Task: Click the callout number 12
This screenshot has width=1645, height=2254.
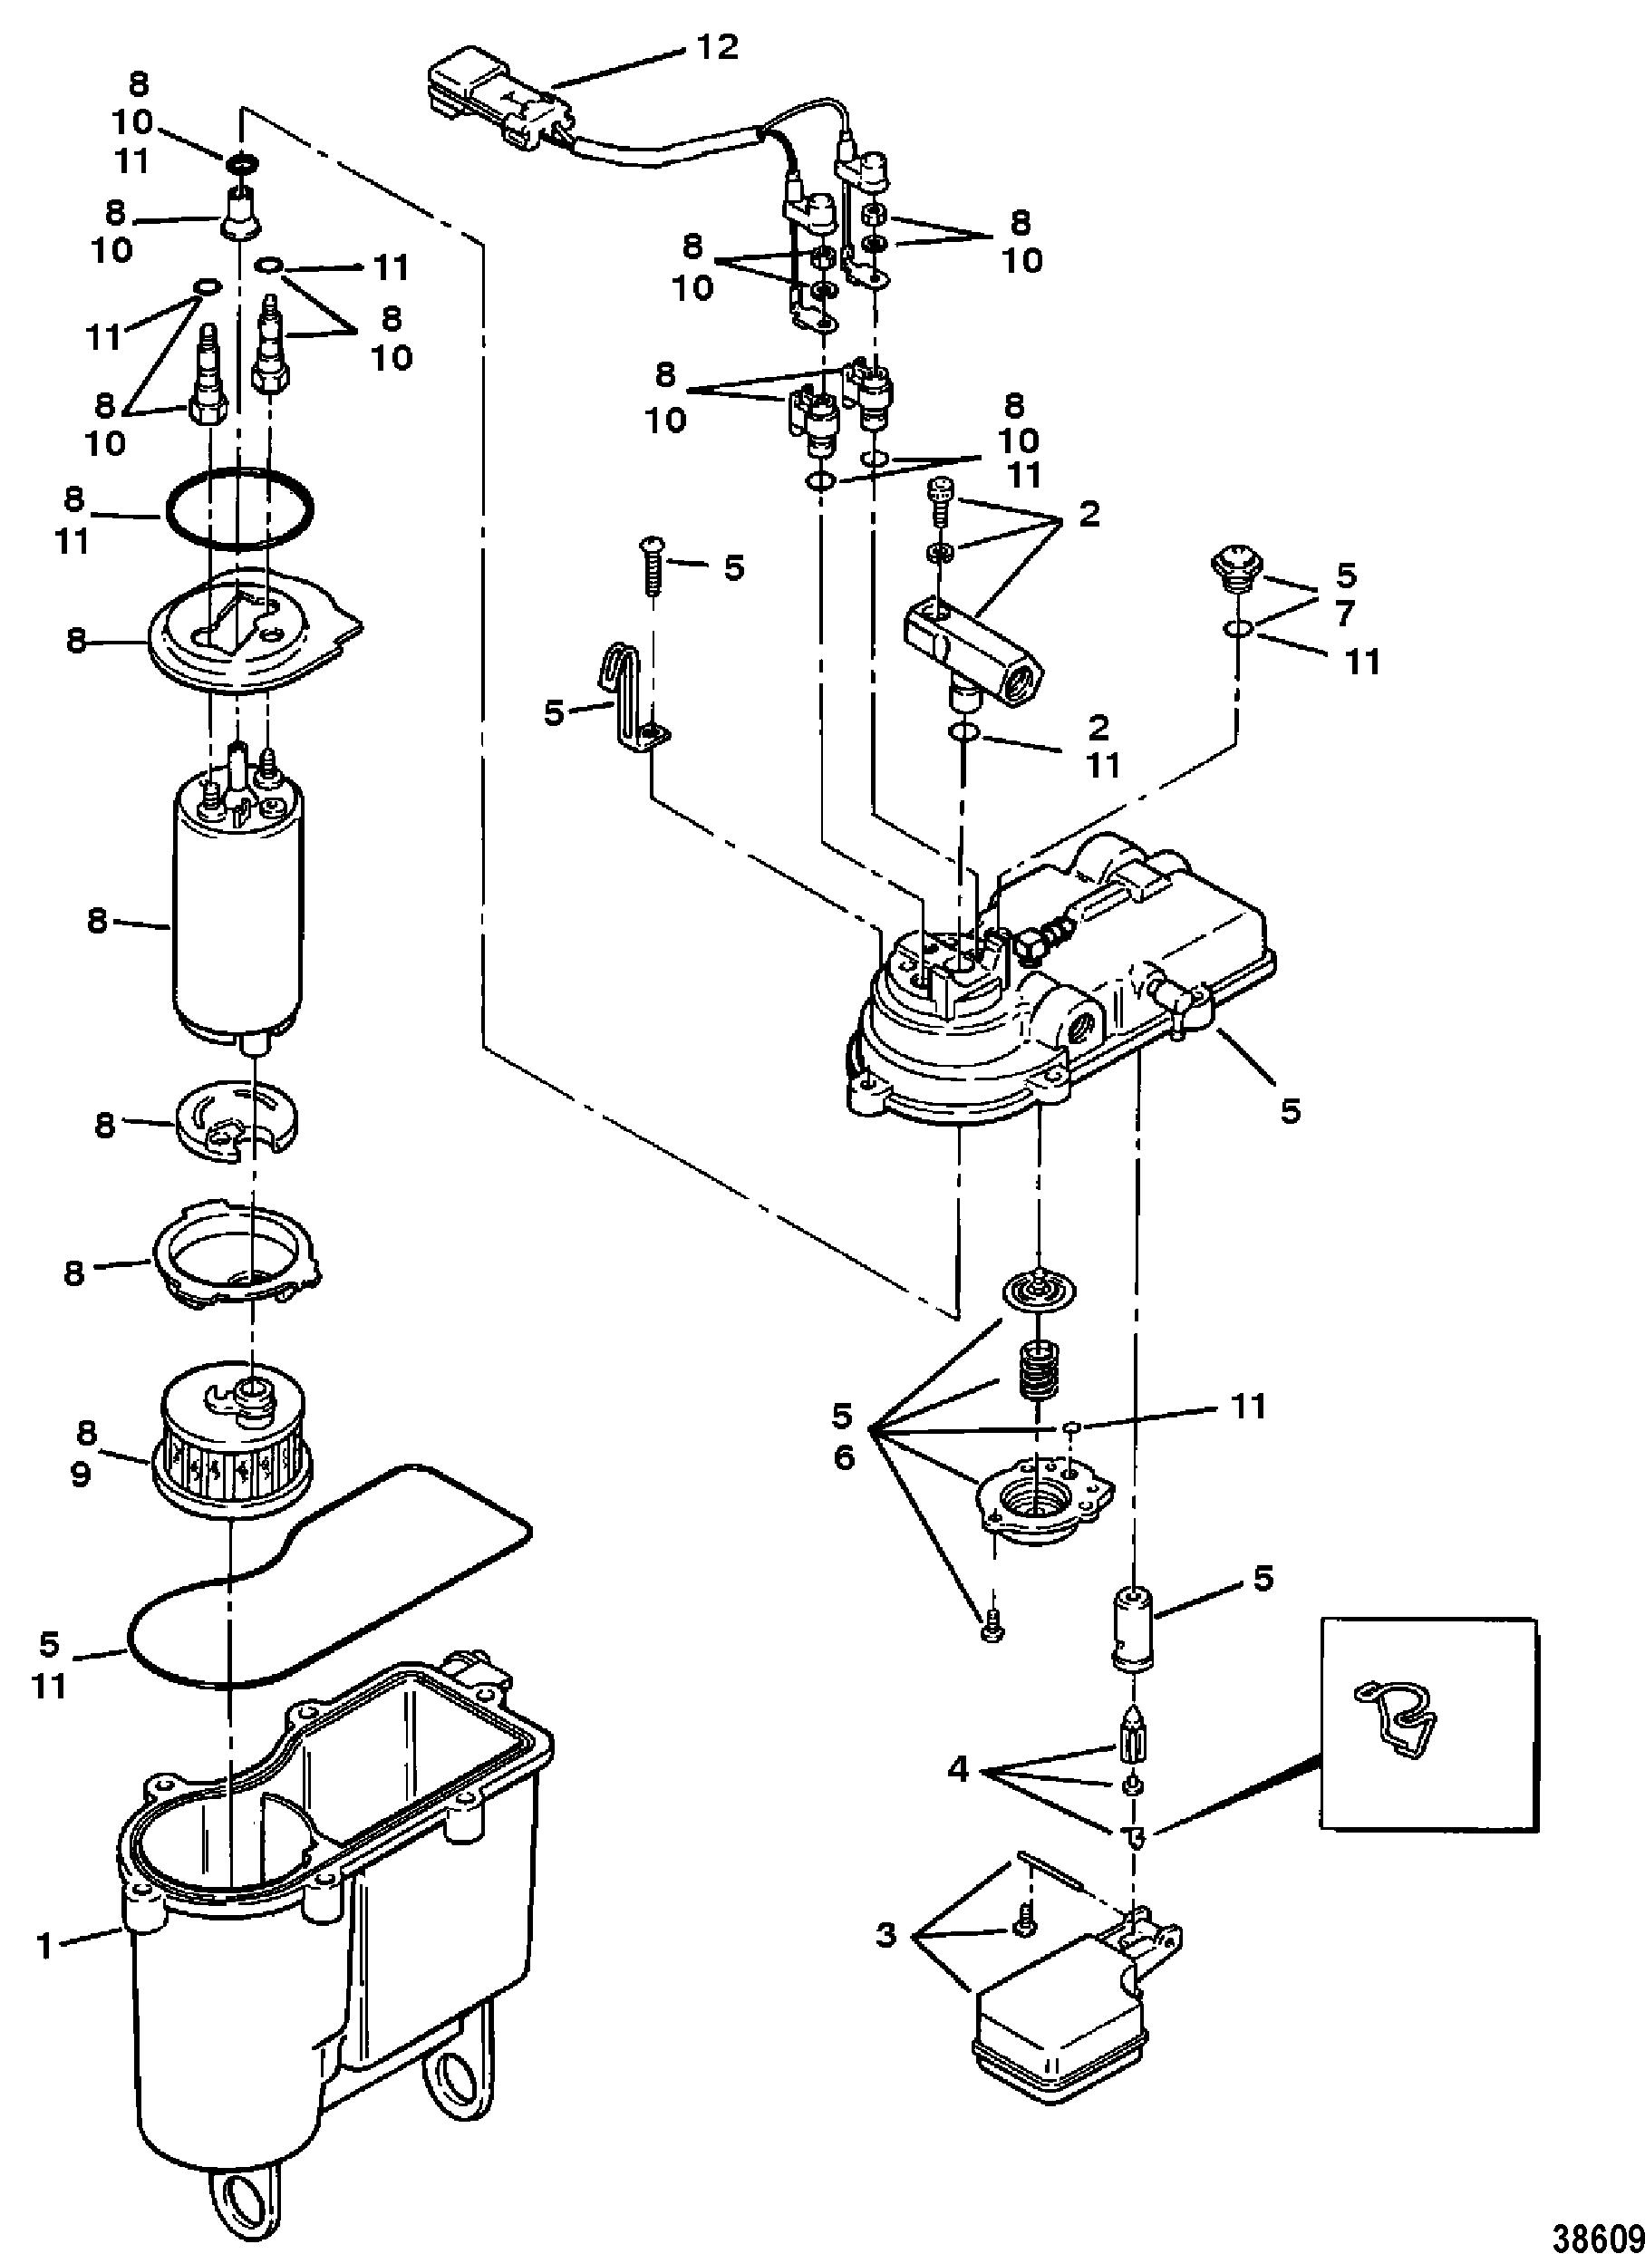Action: point(716,47)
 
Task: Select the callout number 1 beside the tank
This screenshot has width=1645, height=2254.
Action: point(44,1944)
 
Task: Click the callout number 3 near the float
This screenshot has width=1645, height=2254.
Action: point(886,1934)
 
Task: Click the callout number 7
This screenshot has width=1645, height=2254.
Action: point(1345,614)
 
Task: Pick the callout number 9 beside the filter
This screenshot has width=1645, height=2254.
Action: point(80,1474)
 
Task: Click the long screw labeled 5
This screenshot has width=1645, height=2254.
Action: point(653,566)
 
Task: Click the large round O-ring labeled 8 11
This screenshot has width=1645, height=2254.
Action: point(239,512)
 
